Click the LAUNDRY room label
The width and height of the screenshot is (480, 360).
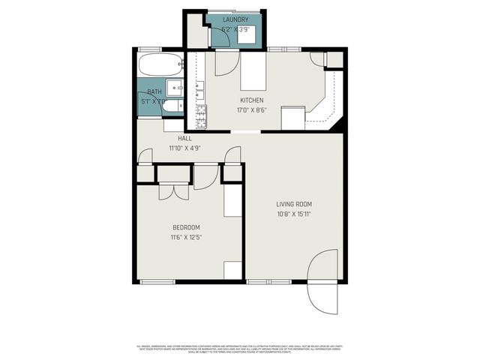coord(235,19)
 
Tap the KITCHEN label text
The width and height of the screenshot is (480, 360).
coord(252,100)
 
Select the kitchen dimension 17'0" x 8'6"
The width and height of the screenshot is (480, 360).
coord(252,109)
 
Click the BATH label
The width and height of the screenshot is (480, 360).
coord(154,91)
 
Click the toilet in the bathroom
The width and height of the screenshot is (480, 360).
coord(170,106)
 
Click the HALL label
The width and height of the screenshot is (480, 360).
coord(184,139)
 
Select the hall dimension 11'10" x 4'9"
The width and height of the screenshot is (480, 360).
coord(184,148)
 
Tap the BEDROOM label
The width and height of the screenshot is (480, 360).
coord(187,227)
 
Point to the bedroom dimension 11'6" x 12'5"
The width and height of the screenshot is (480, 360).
coord(187,237)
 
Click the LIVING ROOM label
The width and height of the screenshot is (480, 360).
coord(294,204)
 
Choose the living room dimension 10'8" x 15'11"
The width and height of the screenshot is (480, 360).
coord(294,214)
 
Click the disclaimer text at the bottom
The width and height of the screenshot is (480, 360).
coord(240,349)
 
